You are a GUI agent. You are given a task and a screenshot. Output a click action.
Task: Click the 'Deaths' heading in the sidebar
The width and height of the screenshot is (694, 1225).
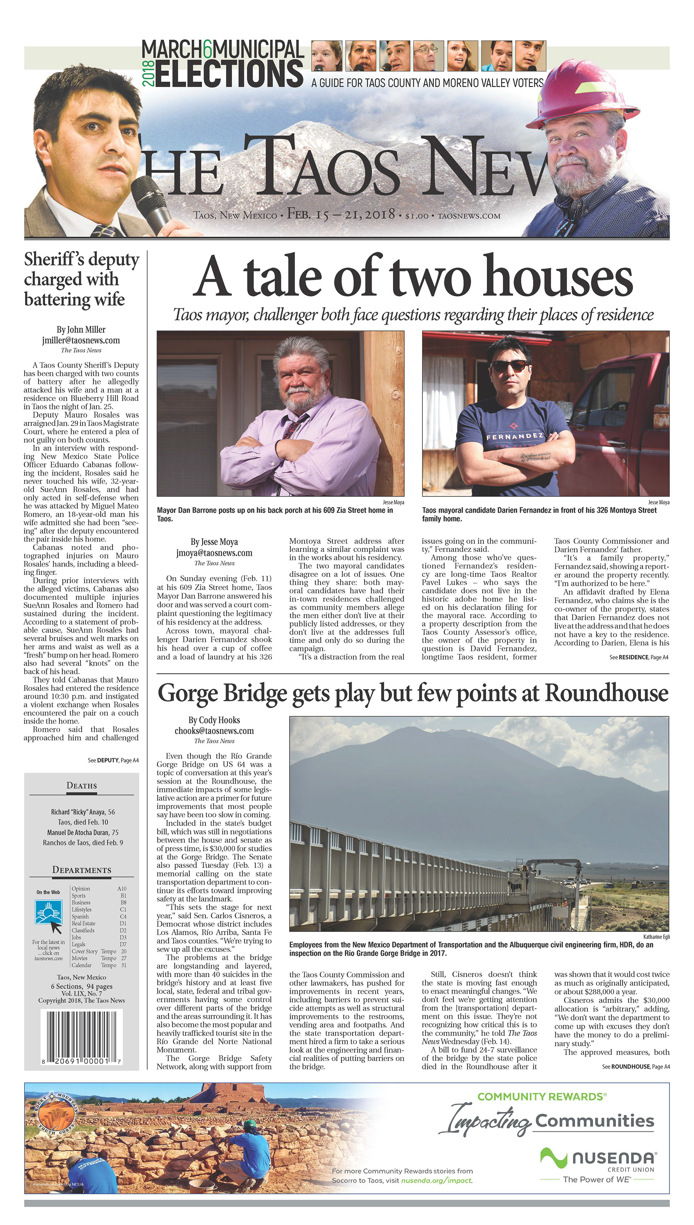tap(81, 786)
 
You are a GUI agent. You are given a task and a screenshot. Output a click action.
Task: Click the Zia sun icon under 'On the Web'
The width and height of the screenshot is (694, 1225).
tap(48, 912)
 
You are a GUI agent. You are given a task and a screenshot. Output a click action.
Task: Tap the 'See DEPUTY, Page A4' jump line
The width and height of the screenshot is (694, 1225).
tap(113, 760)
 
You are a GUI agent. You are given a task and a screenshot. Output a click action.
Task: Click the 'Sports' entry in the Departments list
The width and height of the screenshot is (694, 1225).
tap(79, 896)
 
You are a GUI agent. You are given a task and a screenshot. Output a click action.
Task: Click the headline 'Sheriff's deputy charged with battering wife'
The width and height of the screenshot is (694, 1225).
tap(81, 279)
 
